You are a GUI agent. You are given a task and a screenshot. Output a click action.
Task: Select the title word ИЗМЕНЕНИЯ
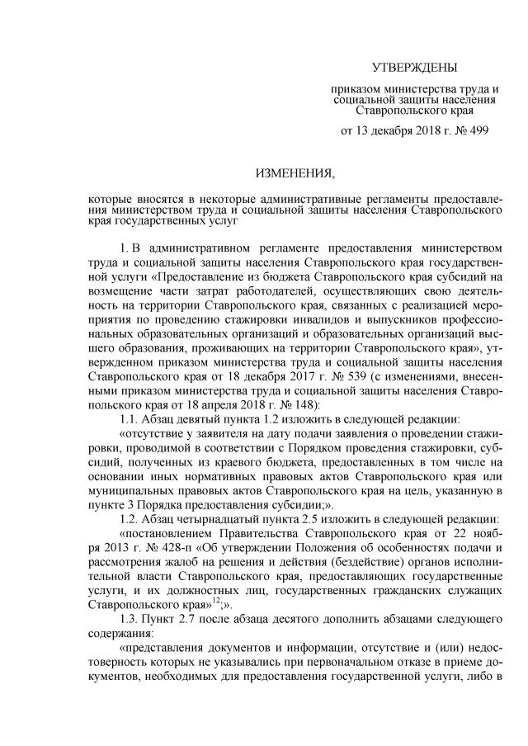tap(295, 174)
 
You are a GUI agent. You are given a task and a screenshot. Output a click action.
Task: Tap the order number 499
tap(488, 130)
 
